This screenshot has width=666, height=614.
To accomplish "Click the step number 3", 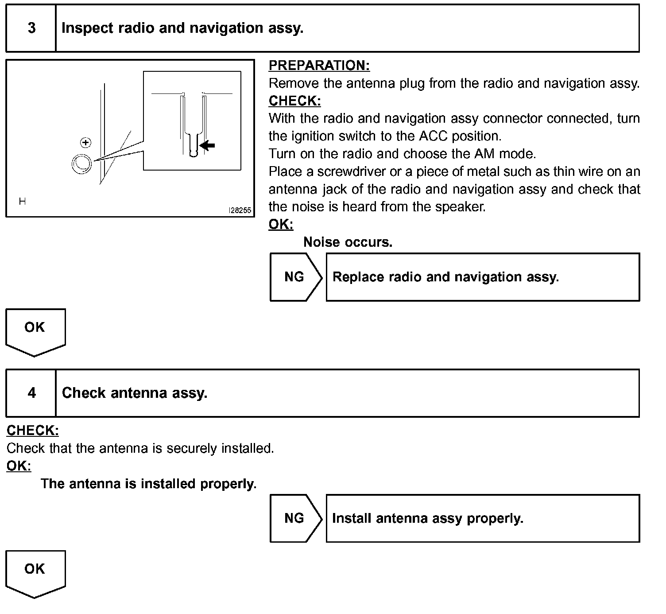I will click(x=31, y=28).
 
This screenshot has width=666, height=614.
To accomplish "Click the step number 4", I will click(x=31, y=393).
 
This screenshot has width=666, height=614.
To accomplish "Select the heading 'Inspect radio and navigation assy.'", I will click(x=182, y=28).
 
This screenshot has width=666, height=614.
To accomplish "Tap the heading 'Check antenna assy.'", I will click(x=135, y=393).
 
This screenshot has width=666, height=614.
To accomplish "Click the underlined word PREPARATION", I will click(x=319, y=66).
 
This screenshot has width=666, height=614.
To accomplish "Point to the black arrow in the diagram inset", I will click(x=207, y=145).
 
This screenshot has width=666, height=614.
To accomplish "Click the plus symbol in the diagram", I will click(x=86, y=143).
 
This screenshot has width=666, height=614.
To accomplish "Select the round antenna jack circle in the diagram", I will click(x=81, y=163).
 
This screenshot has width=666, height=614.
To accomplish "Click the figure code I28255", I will click(x=240, y=211).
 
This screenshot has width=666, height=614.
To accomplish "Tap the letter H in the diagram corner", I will click(x=22, y=202).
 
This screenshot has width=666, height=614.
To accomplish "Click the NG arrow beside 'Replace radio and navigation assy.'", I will click(x=295, y=277).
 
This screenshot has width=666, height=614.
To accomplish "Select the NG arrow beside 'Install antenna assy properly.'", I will click(x=295, y=518).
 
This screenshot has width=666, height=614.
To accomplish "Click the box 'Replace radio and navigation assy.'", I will click(x=482, y=277).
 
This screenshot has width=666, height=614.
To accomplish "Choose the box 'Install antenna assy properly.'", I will click(x=482, y=518).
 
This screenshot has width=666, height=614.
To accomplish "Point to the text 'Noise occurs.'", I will click(x=348, y=242).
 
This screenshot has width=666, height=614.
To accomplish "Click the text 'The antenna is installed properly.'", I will click(x=149, y=483).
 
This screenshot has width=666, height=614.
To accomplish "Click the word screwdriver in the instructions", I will click(x=351, y=171).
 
